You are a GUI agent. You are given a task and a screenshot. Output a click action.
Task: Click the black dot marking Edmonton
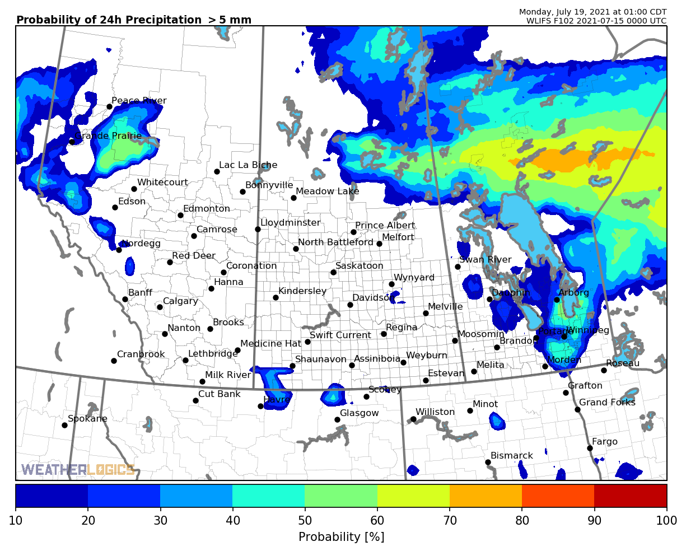180,215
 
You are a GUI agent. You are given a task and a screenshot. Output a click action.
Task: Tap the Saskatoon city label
359,266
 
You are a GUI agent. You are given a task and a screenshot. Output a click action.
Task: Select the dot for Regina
384,334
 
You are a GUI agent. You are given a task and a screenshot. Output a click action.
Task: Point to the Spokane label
87,419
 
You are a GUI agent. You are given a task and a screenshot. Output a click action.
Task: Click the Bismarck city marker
488,462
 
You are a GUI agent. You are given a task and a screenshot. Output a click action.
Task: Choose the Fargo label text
605,442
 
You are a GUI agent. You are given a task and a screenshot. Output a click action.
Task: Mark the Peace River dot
109,106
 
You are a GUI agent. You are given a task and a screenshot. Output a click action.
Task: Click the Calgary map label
180,301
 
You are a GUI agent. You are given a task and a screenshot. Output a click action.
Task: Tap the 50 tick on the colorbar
305,520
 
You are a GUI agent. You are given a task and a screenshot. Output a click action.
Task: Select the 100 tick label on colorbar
666,520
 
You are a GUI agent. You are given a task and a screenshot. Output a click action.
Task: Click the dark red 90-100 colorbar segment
630,496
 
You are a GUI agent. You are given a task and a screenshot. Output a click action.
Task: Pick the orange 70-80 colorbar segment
486,496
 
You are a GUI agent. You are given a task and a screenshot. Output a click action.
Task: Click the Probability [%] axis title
341,537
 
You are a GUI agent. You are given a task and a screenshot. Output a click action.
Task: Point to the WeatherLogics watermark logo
78,470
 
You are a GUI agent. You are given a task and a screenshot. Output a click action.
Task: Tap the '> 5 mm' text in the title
230,20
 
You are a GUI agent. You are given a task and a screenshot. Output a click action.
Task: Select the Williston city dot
413,419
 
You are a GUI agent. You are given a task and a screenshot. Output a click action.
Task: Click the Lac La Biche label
248,165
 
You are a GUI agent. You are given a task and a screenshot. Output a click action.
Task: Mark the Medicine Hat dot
237,350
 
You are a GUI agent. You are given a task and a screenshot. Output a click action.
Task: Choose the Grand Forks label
607,403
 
